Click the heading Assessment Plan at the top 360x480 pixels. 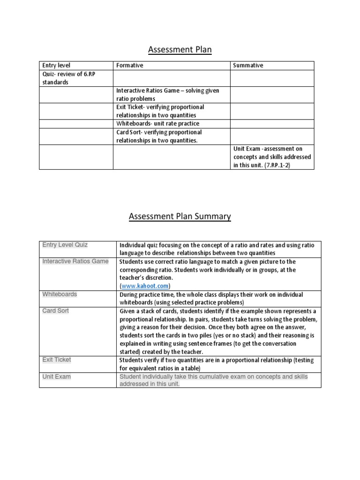[x=180, y=50]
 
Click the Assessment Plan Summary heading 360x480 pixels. [x=180, y=216]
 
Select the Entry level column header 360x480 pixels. [x=56, y=66]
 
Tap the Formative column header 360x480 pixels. [x=130, y=66]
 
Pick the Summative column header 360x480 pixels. [x=248, y=66]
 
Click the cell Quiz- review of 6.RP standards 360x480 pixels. [x=68, y=78]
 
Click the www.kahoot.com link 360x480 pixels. [x=146, y=286]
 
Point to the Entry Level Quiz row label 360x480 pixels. [x=65, y=245]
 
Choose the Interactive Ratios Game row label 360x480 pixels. [x=75, y=261]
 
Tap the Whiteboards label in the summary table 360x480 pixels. [x=60, y=294]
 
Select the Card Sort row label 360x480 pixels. [x=55, y=311]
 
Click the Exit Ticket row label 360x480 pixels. [x=57, y=360]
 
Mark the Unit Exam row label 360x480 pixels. [x=56, y=376]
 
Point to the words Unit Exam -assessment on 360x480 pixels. [x=268, y=149]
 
